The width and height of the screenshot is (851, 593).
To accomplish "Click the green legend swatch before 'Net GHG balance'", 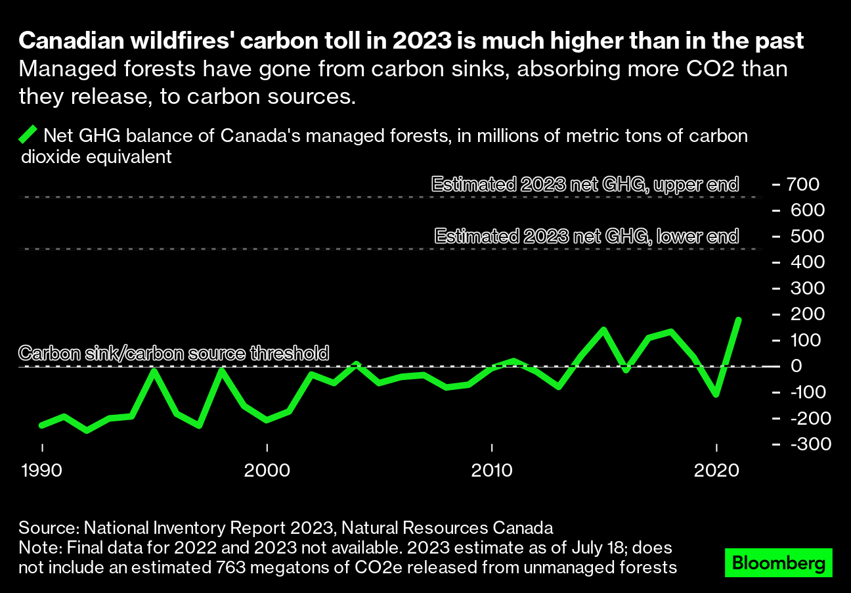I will click(28, 135).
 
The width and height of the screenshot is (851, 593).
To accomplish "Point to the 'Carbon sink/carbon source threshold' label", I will click(173, 353).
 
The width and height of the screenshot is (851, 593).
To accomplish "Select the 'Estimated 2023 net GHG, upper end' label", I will click(585, 184).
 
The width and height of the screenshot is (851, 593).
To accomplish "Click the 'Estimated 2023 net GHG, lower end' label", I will click(587, 236).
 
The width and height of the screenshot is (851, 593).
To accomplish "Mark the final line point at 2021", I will click(739, 320).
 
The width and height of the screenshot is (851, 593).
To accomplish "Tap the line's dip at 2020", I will click(716, 395).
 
